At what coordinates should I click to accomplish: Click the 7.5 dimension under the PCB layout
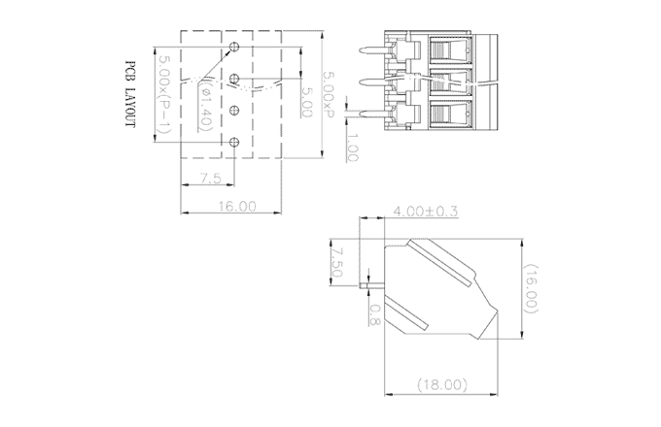[x=209, y=178]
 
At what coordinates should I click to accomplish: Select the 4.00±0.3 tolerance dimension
[x=425, y=212]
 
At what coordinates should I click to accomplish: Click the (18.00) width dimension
[x=441, y=385]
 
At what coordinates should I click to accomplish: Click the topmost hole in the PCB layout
[x=234, y=47]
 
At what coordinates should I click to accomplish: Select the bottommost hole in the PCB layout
[x=234, y=143]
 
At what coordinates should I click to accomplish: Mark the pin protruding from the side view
[x=368, y=286]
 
